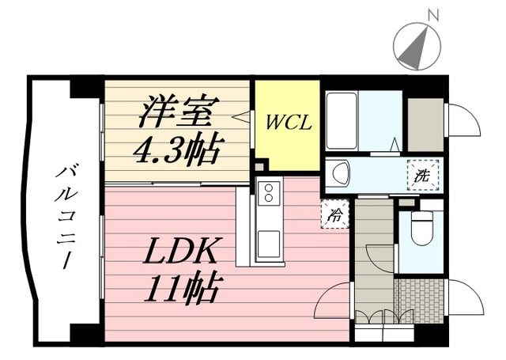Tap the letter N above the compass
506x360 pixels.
click(x=432, y=14)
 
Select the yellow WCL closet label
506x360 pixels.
click(x=285, y=123)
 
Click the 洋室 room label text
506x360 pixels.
click(x=176, y=113)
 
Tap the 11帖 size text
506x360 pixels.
click(x=183, y=289)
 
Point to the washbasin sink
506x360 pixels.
click(x=341, y=172)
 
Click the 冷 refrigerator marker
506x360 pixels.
click(x=335, y=214)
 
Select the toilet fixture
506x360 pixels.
click(x=421, y=230)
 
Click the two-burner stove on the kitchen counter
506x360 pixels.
click(x=269, y=192)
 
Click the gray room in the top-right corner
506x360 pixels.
click(x=425, y=123)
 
